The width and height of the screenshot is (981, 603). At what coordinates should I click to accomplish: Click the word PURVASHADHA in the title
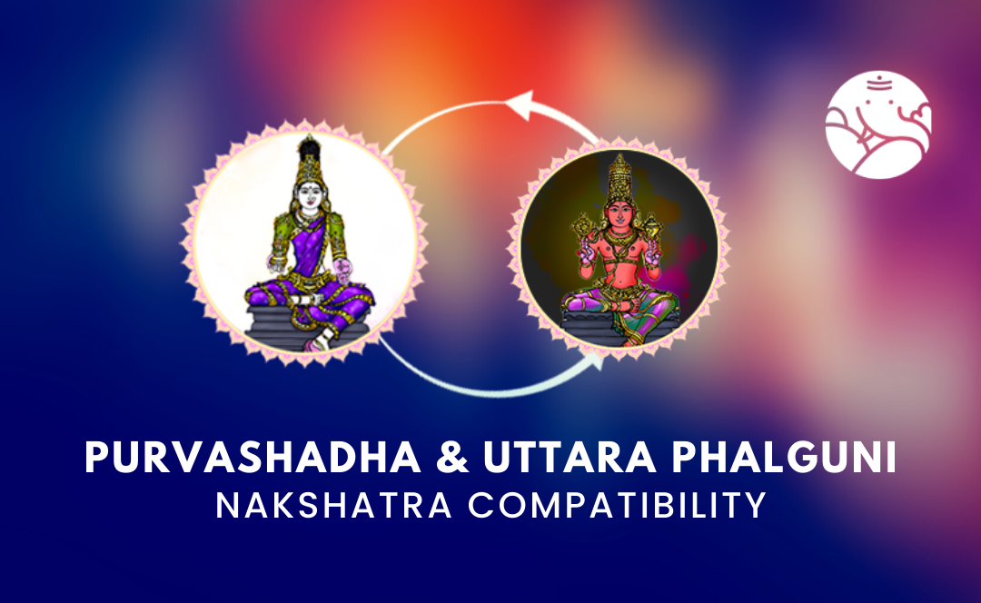click(253, 458)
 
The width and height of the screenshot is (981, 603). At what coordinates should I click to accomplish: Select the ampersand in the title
click(452, 458)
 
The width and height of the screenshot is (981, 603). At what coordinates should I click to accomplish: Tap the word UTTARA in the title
click(570, 458)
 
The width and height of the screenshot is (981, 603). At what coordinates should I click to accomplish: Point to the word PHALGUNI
click(785, 458)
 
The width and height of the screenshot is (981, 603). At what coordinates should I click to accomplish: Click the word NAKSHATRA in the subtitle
click(334, 506)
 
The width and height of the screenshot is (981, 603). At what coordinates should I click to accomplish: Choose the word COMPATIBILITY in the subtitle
click(618, 506)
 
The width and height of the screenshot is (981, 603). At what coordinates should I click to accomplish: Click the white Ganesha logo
click(877, 124)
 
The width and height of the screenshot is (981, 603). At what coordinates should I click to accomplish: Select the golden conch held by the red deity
click(652, 225)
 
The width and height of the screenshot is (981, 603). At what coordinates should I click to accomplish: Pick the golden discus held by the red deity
click(585, 225)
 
